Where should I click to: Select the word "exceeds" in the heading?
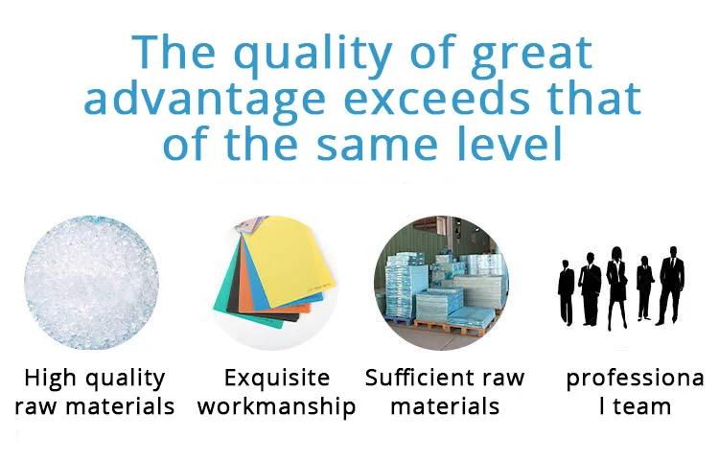tap(436, 98)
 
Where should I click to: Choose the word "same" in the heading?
tap(376, 146)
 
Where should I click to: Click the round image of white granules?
tap(92, 283)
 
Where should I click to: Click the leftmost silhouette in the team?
tap(566, 292)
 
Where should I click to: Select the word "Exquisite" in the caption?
tap(277, 379)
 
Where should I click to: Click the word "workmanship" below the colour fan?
tap(276, 407)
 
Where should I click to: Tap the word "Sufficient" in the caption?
tap(411, 378)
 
